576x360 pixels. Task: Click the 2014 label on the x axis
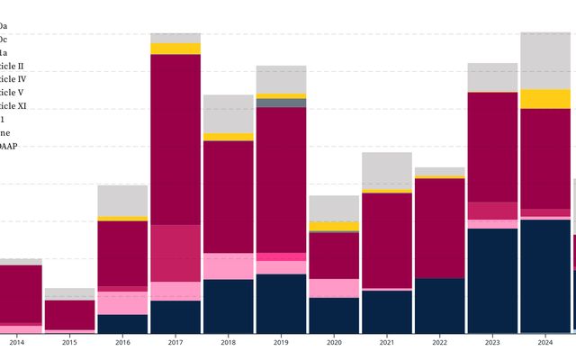17,342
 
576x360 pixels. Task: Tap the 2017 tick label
175,342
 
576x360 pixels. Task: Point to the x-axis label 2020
334,342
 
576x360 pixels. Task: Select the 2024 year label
544,342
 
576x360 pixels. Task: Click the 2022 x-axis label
439,342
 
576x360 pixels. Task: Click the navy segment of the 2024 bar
544,275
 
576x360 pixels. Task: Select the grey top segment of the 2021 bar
386,170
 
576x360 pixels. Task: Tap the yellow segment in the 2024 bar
544,99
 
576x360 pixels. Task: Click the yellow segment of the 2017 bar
175,49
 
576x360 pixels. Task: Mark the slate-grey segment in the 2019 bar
281,103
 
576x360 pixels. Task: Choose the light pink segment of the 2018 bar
228,266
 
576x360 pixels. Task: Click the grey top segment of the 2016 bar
122,201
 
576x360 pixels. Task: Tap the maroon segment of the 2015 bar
70,315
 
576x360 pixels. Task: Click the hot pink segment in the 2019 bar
281,256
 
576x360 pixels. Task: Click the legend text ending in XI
13,106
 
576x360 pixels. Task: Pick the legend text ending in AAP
9,146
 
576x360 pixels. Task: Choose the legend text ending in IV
13,79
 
